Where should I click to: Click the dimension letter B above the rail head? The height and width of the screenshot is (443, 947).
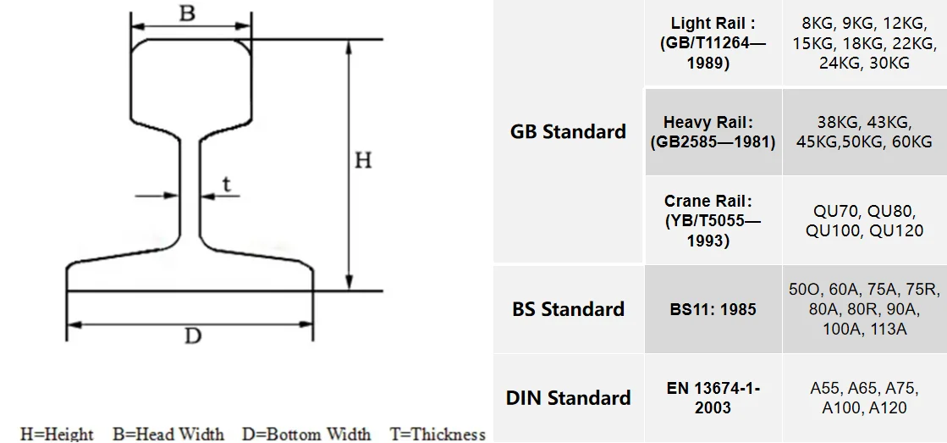coord(188,13)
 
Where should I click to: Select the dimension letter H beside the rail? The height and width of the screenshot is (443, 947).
coord(363,160)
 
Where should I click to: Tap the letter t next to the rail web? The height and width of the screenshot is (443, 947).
coord(226,183)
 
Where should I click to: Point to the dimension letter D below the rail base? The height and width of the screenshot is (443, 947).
coord(193,337)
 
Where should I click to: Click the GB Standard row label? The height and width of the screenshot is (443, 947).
coord(568,131)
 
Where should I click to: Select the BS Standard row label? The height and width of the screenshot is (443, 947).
coord(568,309)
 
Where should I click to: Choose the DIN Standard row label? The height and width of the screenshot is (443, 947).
coord(568,397)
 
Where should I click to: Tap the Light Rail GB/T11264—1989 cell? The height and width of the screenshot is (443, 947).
coord(713,43)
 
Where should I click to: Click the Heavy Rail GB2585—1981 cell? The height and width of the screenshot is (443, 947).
coord(713,132)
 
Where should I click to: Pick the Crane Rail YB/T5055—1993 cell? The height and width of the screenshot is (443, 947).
coord(713,220)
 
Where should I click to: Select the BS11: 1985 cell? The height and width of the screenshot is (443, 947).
coord(713,309)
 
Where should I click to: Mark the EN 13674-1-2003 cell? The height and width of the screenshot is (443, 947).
coord(713,398)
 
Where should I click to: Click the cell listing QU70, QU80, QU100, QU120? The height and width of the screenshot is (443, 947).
coord(864,220)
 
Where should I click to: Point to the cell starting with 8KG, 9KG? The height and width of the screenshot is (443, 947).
coord(864,43)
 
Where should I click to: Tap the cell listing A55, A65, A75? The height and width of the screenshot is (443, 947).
coord(864,398)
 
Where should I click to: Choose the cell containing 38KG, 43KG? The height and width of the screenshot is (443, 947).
coord(864,132)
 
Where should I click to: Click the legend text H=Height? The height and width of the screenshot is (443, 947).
coord(57,434)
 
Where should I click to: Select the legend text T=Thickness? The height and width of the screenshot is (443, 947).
coord(437,434)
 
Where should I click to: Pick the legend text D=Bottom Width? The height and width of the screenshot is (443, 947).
coord(306,434)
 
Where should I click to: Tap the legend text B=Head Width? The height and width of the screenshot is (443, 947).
coord(168,434)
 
